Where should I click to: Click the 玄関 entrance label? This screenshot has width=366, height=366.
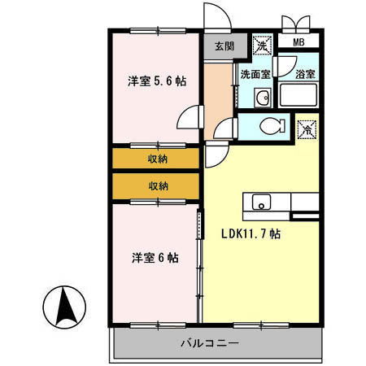coord(220,46)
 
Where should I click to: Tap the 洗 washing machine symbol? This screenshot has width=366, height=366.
coord(262,46)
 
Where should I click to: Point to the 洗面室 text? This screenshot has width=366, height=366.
coord(254,74)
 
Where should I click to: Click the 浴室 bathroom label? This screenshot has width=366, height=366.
coord(306,74)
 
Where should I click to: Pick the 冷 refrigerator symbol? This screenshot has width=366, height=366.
coord(307,129)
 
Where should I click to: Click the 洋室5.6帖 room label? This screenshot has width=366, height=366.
coord(157,81)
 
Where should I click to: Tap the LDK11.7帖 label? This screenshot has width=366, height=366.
coord(252,233)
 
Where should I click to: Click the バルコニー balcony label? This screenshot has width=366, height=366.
coord(209,343)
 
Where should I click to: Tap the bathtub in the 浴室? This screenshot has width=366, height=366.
coord(302,96)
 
